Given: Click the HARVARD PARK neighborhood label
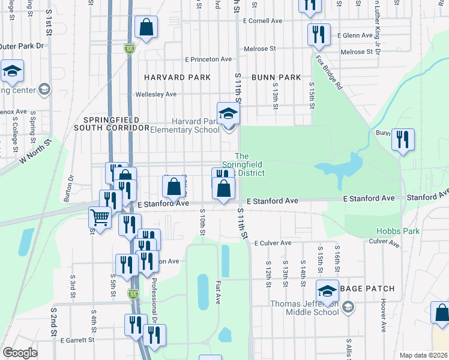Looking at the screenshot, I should (x=177, y=77).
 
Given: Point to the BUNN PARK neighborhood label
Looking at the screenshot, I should (x=276, y=77).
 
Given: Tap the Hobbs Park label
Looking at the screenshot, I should (x=396, y=231).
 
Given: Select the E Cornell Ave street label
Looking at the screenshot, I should (x=262, y=20).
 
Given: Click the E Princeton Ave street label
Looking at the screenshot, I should (x=208, y=59).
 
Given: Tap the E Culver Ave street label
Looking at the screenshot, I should (x=273, y=243).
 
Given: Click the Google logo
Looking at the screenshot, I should (x=20, y=353).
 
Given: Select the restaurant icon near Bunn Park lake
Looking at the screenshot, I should (x=403, y=140).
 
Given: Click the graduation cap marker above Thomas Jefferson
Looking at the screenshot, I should (x=328, y=291).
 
